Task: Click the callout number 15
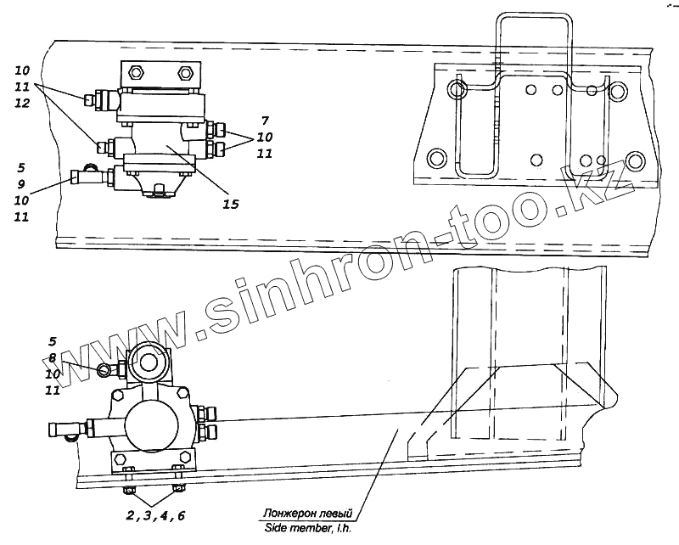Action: tap(231, 204)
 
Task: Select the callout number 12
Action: tap(22, 103)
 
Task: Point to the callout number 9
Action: tap(22, 184)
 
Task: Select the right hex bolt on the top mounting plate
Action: tap(183, 71)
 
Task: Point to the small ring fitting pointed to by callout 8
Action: tap(104, 368)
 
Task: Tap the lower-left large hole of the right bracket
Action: tap(436, 158)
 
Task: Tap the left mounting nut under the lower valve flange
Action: tap(128, 490)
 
